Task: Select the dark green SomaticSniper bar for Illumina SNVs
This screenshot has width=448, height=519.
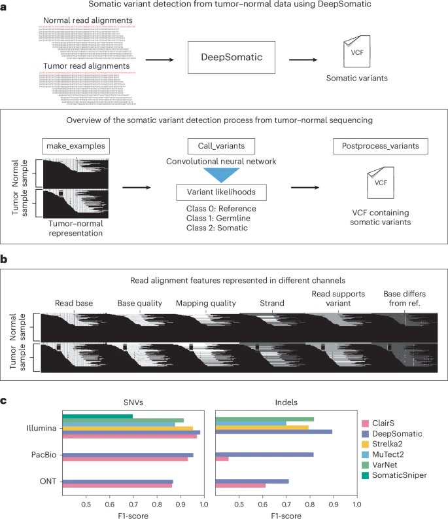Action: [97, 416]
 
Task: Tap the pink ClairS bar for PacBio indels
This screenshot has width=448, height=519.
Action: [222, 459]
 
